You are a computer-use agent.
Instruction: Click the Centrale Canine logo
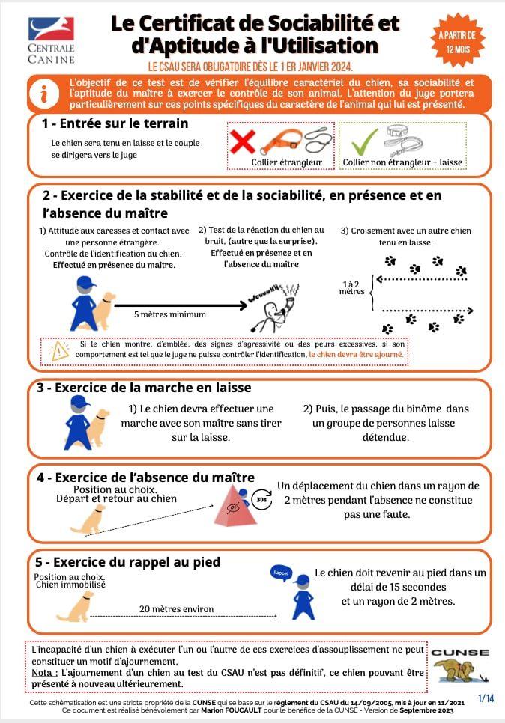pos(51,40)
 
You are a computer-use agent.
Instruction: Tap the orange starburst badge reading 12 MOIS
pos(457,41)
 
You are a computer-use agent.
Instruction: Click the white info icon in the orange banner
pos(44,94)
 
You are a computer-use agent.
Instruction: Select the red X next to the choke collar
pos(243,141)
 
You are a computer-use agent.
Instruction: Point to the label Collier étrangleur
pos(287,162)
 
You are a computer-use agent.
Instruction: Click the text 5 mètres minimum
pos(170,314)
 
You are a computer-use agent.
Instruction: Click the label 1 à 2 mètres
pos(351,287)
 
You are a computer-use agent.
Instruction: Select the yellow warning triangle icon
pos(59,352)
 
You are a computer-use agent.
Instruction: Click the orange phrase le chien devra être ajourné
pos(357,355)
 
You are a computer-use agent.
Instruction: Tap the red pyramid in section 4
pos(236,506)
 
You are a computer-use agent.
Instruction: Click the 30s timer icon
pos(261,499)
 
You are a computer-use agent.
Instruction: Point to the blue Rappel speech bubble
pos(281,573)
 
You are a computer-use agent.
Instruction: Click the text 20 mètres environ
pos(176,609)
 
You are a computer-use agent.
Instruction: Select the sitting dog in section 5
pos(76,606)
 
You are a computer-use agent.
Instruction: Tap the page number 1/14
pos(486,698)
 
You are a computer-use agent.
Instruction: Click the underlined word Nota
pos(44,673)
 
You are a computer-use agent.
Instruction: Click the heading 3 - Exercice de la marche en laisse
pos(144,388)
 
